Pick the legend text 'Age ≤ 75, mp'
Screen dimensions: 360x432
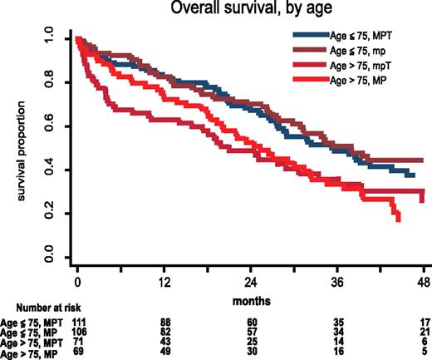[366, 50]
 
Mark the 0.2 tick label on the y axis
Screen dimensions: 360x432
[53, 214]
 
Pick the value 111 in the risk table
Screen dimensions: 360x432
[79, 320]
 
